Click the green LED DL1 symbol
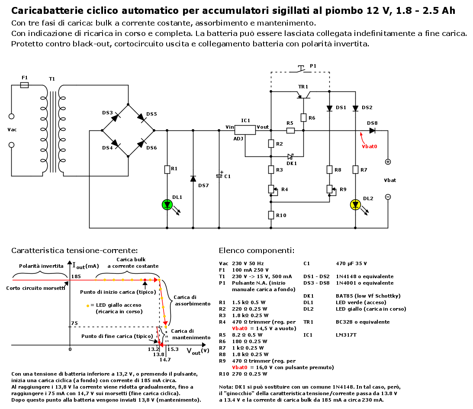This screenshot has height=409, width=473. (167, 204)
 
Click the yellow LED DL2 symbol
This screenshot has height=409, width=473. (355, 204)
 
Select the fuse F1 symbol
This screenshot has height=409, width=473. (25, 85)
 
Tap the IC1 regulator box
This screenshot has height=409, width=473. (245, 130)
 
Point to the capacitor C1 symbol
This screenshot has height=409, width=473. (219, 175)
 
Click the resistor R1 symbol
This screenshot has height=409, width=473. (167, 169)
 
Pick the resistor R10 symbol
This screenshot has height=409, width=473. (270, 215)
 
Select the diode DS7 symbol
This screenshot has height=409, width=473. (193, 179)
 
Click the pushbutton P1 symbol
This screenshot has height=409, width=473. (301, 68)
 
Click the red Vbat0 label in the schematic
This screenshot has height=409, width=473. (369, 146)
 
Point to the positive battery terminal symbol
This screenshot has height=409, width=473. (388, 162)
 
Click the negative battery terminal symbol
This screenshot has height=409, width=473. (388, 197)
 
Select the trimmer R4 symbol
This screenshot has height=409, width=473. (270, 189)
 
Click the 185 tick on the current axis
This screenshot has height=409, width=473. (76, 276)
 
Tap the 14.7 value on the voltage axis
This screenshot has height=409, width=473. (165, 359)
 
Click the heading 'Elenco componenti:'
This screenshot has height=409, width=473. (257, 250)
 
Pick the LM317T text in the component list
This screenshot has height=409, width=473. (346, 335)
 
